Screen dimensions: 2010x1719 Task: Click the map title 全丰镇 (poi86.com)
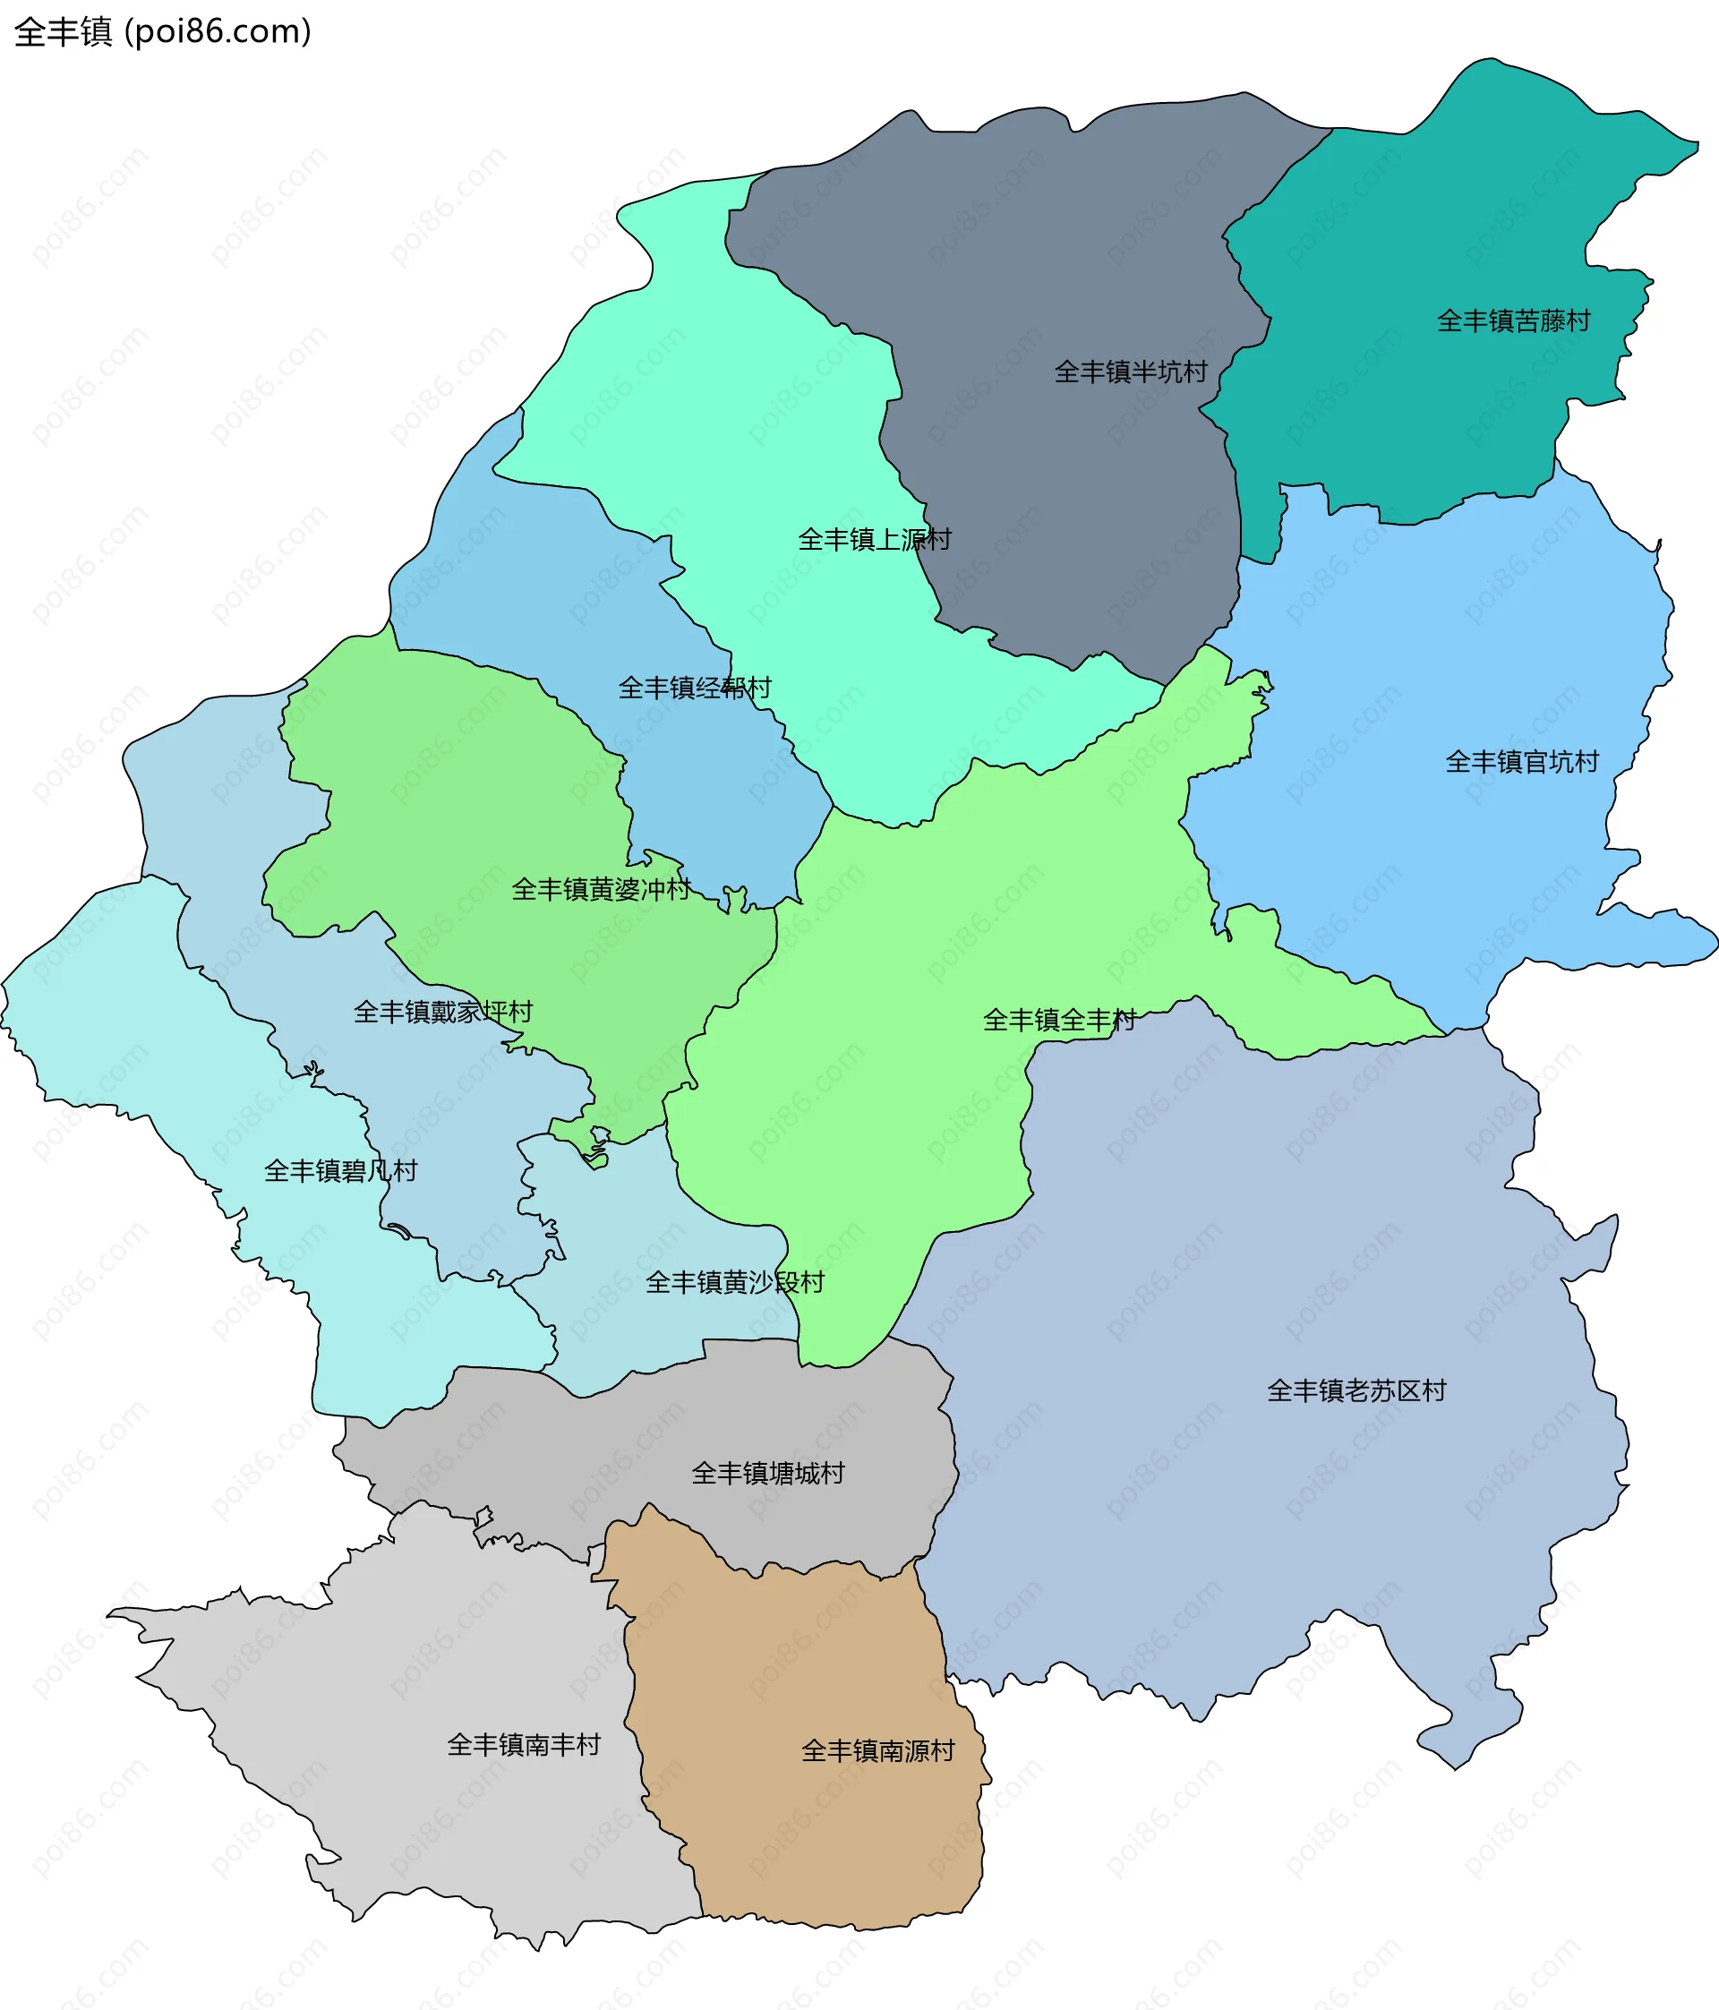(163, 32)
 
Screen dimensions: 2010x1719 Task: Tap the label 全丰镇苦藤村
(1513, 321)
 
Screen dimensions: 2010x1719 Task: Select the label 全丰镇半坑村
(1130, 372)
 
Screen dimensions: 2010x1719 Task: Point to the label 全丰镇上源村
(874, 541)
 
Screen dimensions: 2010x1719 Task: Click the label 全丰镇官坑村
(1521, 763)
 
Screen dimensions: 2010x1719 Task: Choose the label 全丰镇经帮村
(695, 689)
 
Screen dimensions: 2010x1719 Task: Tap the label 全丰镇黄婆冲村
(602, 890)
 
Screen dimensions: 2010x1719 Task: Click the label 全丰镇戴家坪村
(443, 1013)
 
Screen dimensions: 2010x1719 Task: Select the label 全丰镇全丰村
(1059, 1021)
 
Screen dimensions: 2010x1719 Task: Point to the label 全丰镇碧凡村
(340, 1172)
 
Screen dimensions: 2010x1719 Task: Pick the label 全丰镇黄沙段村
(734, 1283)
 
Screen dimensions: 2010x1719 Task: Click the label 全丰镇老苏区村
(1356, 1391)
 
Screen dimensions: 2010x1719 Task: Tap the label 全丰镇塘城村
(767, 1474)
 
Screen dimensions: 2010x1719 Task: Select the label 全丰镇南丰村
(524, 1745)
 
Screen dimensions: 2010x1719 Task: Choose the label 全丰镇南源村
(878, 1751)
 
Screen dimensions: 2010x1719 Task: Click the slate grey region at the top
(1019, 243)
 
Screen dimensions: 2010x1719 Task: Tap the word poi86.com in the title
(222, 32)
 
